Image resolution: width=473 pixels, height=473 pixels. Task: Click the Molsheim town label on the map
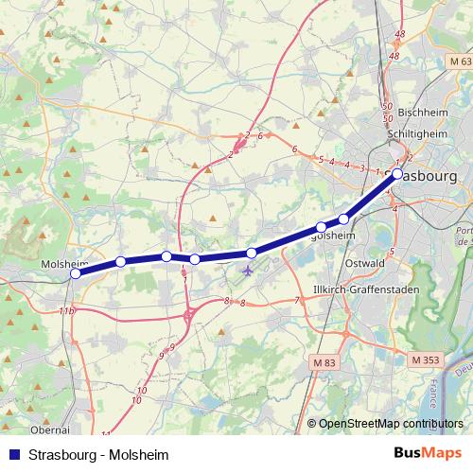click(x=65, y=264)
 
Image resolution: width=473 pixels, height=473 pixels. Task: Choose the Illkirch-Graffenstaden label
click(x=360, y=289)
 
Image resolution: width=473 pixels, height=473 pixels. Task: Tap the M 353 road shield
click(x=428, y=359)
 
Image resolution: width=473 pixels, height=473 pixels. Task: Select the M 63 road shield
click(x=459, y=61)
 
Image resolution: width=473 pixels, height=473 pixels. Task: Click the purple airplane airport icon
click(x=248, y=272)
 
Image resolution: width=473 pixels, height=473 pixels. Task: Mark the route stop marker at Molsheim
click(x=76, y=274)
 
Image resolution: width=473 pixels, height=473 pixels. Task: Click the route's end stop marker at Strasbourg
click(x=397, y=173)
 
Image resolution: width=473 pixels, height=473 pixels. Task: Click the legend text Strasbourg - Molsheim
click(x=85, y=453)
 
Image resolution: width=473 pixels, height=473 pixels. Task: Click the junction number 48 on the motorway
click(x=400, y=34)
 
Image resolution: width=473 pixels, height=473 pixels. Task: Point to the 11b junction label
click(x=65, y=310)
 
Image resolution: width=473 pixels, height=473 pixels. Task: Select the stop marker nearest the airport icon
click(x=252, y=253)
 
